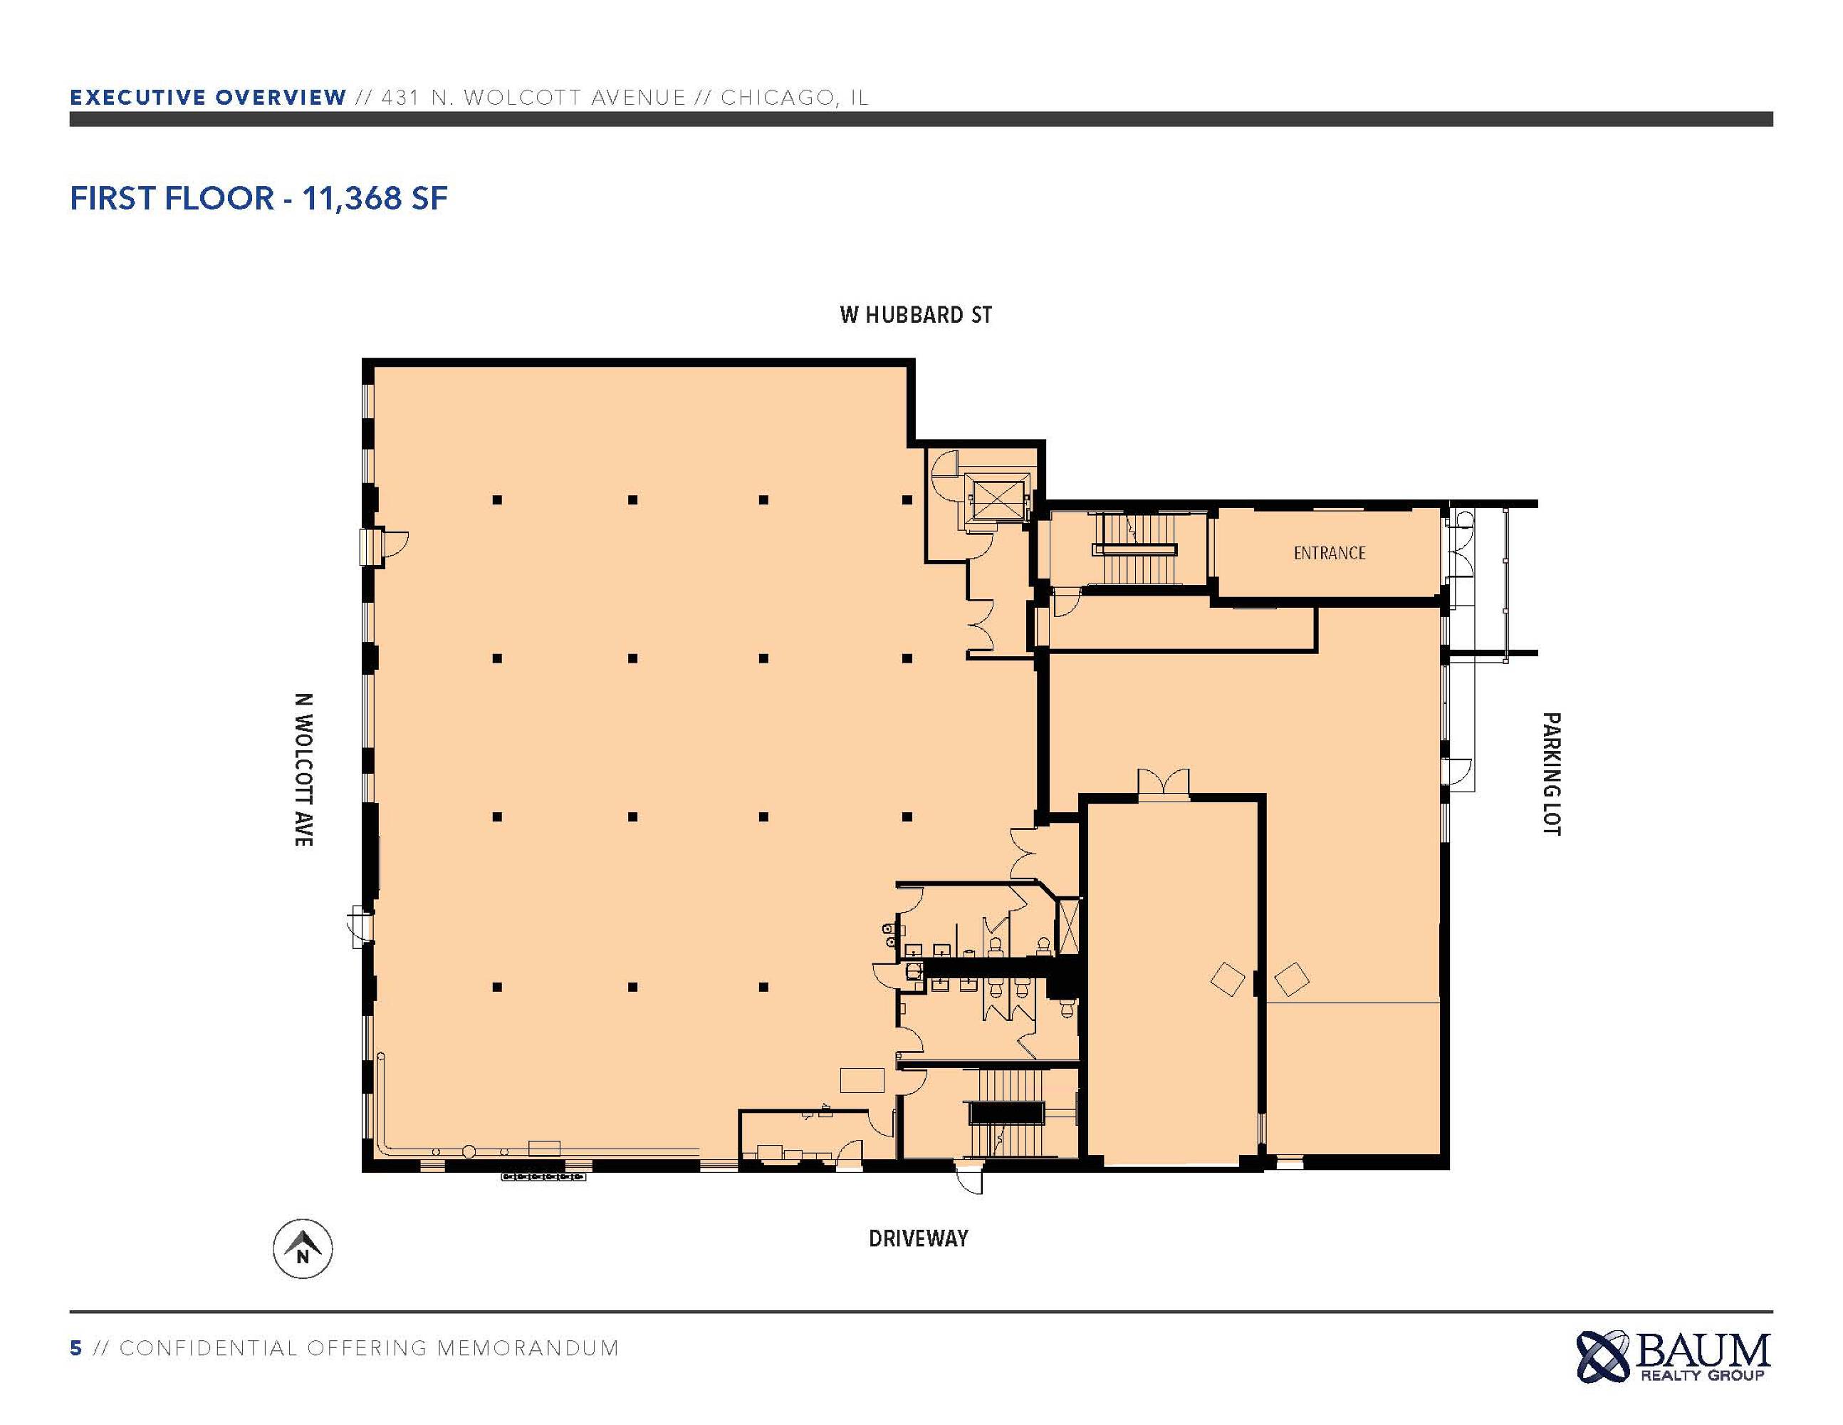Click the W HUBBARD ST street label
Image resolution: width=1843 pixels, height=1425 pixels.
pos(916,315)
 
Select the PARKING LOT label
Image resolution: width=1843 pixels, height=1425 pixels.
pos(1551,774)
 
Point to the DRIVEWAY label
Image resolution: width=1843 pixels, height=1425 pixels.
pos(918,1238)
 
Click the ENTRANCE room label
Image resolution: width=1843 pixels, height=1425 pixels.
pos(1329,553)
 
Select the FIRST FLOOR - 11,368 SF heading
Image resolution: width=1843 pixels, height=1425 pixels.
pos(259,198)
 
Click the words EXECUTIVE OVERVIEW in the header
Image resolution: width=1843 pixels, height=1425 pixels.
pos(208,97)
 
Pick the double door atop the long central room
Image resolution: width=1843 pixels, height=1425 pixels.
pos(1164,782)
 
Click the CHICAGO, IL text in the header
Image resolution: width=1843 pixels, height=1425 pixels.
pos(795,97)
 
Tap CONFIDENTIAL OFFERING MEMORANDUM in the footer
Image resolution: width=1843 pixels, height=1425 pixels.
pos(370,1348)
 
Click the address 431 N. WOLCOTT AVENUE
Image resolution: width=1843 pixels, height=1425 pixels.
pos(533,97)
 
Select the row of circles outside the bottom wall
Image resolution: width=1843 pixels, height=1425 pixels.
pos(543,1176)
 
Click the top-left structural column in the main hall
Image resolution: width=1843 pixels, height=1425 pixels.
pos(497,499)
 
